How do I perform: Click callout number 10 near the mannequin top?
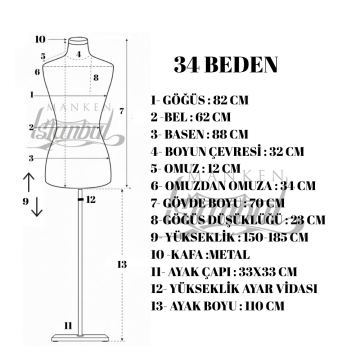click(40, 40)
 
